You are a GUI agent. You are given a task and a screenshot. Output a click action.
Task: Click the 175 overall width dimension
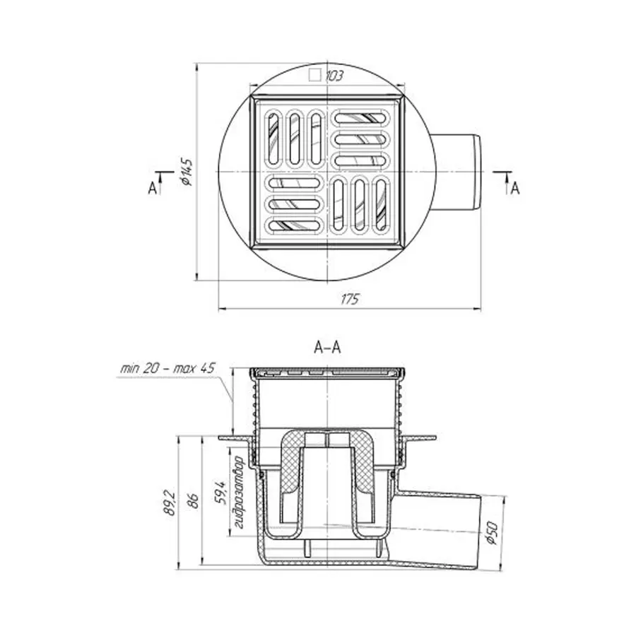coord(350,300)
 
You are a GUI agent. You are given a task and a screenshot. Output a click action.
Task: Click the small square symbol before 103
coord(315,75)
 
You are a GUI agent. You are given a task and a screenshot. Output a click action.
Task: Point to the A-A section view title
coord(327,348)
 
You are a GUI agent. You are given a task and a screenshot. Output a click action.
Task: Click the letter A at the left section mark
coord(152,187)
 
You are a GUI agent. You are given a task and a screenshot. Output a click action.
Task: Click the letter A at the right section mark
coord(514,188)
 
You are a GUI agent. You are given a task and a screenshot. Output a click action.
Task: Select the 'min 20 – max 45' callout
coord(167,369)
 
